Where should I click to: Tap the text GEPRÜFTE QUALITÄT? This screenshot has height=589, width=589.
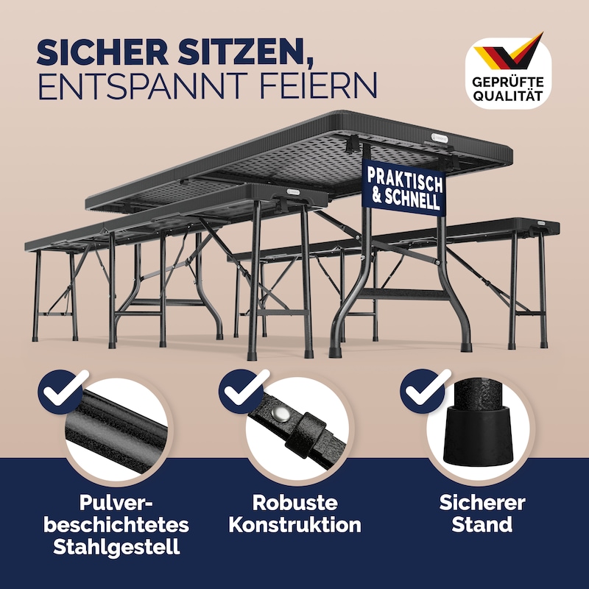coord(508,88)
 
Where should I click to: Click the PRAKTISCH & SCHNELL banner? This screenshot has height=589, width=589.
coord(404,188)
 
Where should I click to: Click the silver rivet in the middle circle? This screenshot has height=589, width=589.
coord(280,414)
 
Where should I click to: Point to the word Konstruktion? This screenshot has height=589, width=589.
coord(295,524)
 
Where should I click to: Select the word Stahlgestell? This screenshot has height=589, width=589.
coord(116,547)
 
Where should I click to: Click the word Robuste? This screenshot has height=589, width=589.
coord(295,503)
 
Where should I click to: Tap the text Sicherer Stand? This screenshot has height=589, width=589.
coord(482,513)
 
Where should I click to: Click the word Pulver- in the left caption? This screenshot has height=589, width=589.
coord(117,503)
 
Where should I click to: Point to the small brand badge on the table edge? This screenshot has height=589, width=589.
coord(439,138)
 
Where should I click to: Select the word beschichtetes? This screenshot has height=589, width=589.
coord(116,524)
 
